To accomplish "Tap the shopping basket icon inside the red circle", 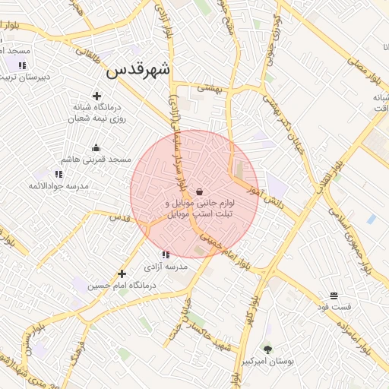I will [x=199, y=191].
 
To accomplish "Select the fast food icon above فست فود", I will [x=334, y=296].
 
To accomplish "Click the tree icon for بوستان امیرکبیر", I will [x=267, y=349].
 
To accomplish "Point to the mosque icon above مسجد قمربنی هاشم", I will [x=96, y=148].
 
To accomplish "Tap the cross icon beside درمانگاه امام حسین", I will [x=122, y=274].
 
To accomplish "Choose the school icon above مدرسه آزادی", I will [x=166, y=255].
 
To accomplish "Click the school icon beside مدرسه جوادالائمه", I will [x=59, y=175].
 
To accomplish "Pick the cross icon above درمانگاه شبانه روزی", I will [x=96, y=96].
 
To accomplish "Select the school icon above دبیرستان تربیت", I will [x=22, y=65].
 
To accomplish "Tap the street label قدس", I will [x=121, y=217].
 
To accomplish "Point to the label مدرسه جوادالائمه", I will [x=59, y=186].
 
